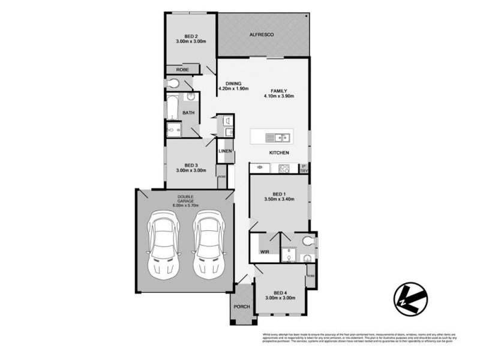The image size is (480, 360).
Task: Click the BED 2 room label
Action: pos(191,35)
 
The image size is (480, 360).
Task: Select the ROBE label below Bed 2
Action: pos(182,70)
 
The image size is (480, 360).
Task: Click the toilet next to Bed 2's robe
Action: pos(174,83)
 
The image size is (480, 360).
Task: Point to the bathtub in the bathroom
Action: pos(172,107)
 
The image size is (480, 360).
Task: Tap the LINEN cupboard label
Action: pos(226,151)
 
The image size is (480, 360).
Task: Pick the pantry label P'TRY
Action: pos(304,169)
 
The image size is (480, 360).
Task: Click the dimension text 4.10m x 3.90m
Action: pos(278,96)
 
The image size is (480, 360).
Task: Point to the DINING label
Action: pos(233,83)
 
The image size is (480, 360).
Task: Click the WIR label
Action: pos(265,252)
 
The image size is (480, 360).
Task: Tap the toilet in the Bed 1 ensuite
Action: pos(308,242)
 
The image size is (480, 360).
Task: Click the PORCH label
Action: pos(241,306)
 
